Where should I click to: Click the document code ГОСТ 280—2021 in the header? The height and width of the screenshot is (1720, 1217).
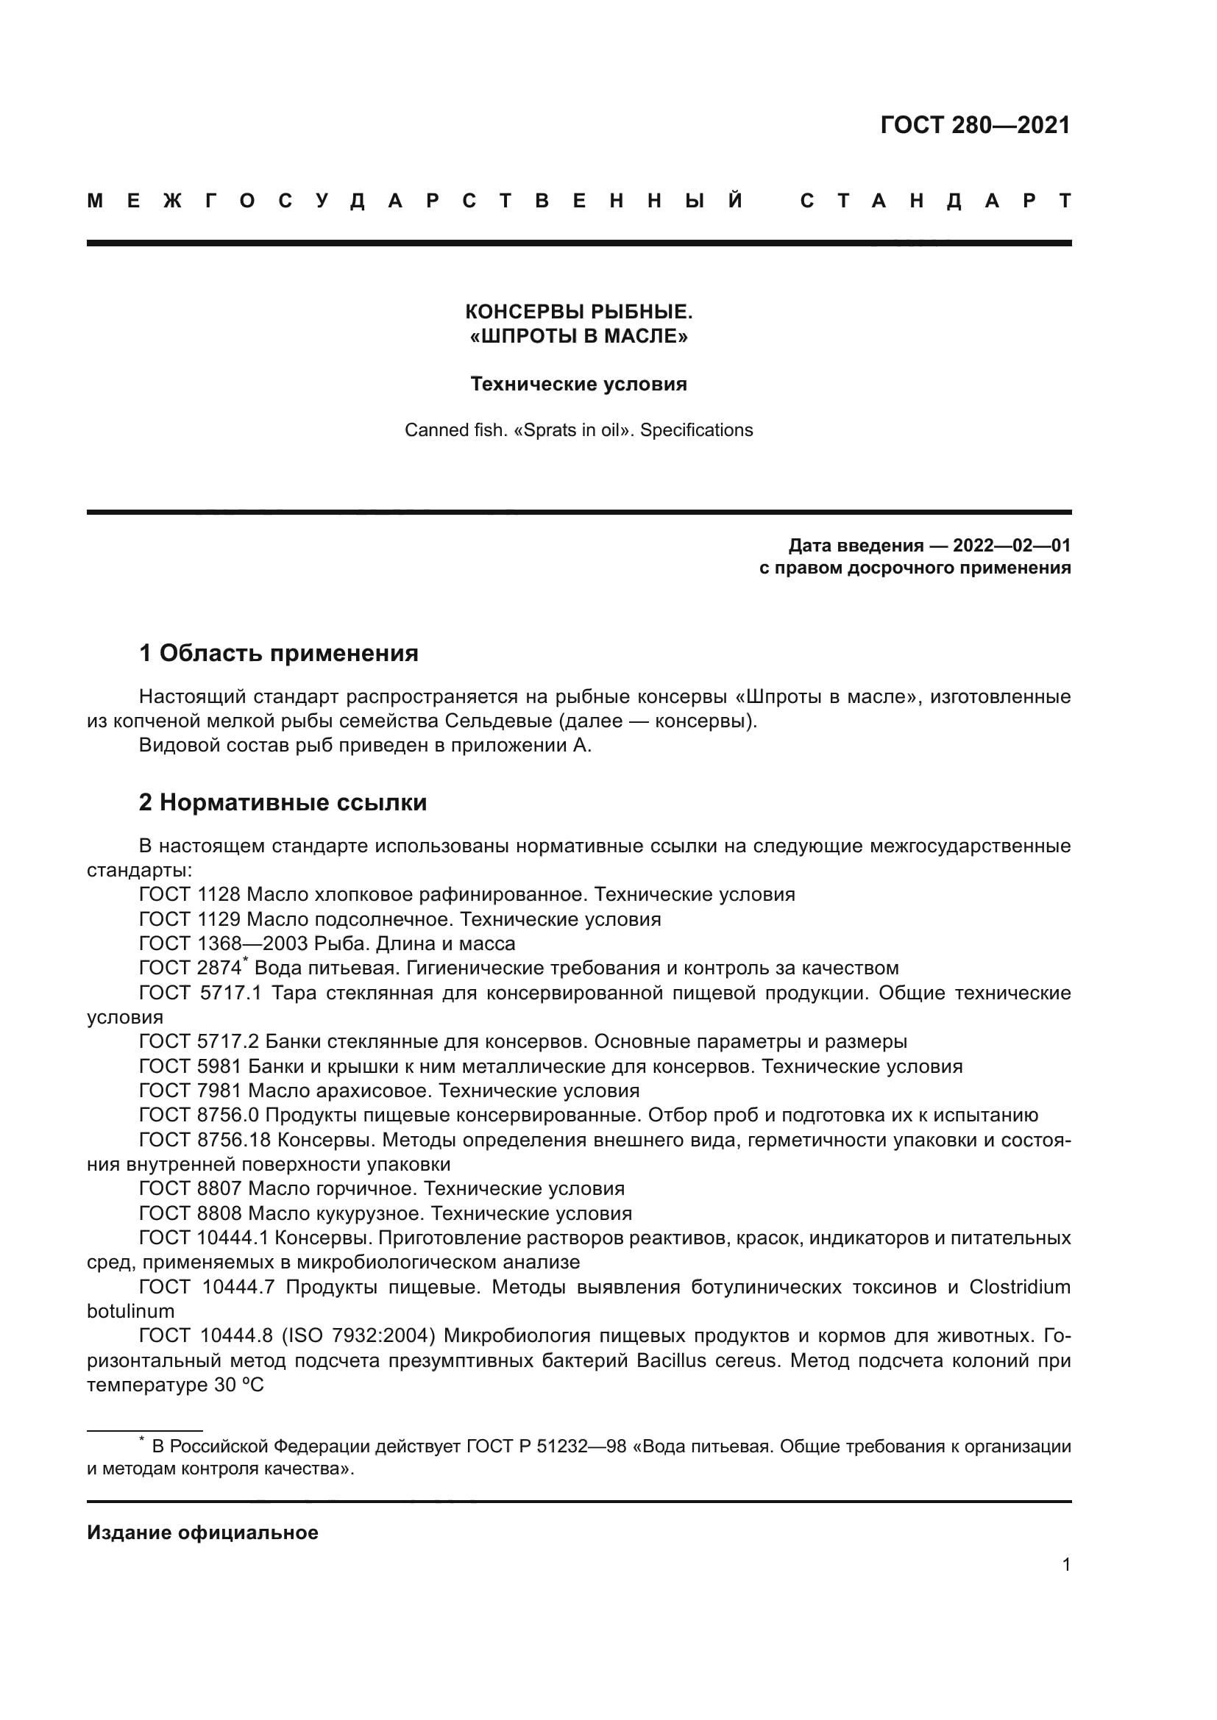click(975, 125)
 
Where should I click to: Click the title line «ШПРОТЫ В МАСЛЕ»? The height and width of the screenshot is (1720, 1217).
click(578, 336)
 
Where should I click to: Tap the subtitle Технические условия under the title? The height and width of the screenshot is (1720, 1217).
click(578, 385)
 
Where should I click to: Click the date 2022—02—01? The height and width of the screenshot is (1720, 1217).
click(1012, 546)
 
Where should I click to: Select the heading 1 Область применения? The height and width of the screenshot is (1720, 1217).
click(278, 653)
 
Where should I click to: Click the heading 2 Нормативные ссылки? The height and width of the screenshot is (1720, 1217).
click(283, 802)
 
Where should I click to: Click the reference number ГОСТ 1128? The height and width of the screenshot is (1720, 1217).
click(190, 894)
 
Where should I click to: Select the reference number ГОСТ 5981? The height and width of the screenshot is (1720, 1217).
click(190, 1067)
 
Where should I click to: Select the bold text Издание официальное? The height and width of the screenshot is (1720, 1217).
click(202, 1532)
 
